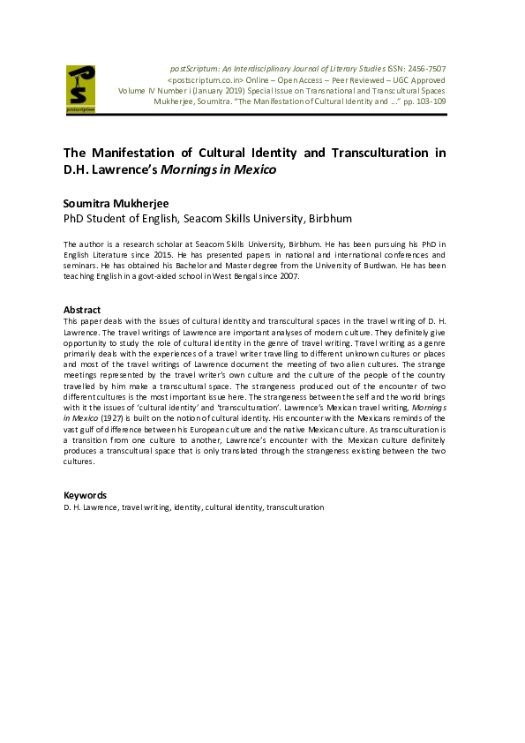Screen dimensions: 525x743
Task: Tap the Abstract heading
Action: click(x=81, y=310)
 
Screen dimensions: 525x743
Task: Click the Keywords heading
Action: click(x=85, y=495)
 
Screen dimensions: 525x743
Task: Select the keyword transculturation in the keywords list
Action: click(x=295, y=507)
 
